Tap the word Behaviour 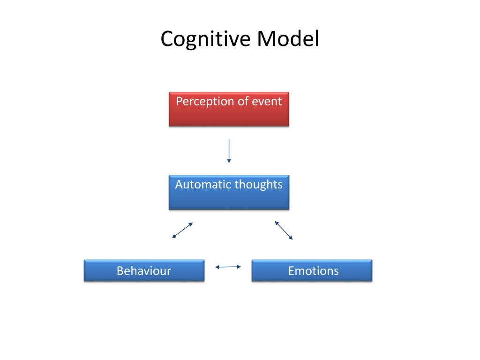click(144, 270)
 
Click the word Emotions click(313, 270)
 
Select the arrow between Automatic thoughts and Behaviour click(182, 230)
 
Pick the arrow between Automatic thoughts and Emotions click(284, 230)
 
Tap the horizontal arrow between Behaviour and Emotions click(228, 267)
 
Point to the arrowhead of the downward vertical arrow click(229, 161)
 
